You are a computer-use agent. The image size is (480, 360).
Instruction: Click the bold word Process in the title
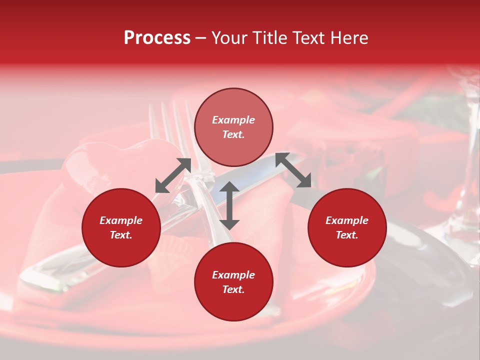157,38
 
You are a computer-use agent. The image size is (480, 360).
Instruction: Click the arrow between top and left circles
173,175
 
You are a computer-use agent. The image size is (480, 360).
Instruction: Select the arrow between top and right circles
293,170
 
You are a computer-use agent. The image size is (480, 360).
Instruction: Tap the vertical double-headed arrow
229,205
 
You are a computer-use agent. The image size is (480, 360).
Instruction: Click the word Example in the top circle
233,120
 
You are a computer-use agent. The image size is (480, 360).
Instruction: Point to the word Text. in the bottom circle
233,289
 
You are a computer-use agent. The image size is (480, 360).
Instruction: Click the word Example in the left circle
121,220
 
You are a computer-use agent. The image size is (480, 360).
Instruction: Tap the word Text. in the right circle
347,235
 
